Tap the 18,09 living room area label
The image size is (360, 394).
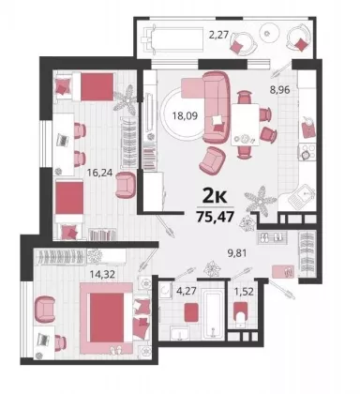186,115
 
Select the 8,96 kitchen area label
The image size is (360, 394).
280,90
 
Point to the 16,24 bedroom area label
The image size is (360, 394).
100,173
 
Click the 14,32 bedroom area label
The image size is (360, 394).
102,274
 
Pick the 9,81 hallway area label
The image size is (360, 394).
237,252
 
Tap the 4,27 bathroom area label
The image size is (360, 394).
187,291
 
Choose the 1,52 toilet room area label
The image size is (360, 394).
244,292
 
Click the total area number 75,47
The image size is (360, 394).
216,217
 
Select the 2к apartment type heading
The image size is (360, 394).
215,197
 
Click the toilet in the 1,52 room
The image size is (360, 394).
240,314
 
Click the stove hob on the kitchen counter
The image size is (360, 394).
307,152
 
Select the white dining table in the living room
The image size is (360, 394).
245,125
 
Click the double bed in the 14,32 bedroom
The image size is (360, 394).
107,318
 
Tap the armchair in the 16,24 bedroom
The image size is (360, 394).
126,185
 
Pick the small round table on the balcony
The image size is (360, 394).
269,33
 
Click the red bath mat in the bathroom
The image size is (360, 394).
191,311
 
